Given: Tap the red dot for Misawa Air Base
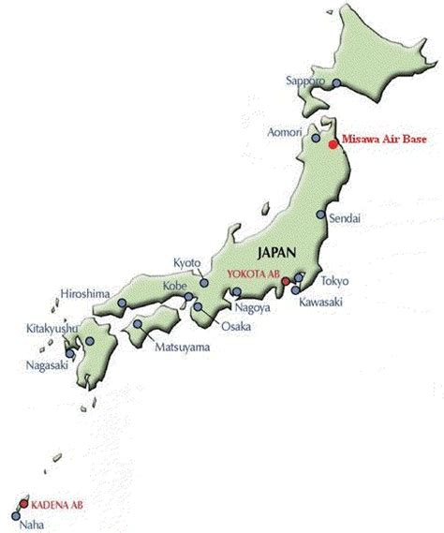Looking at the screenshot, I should coord(333,144).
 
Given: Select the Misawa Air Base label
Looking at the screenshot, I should coord(386,140).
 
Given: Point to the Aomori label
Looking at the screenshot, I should coord(284,131).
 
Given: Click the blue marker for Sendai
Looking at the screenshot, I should coord(320,215).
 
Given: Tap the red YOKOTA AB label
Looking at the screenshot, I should coord(254,273).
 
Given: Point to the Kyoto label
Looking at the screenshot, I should coord(187,262).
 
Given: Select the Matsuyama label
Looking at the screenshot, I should coord(182,348).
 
